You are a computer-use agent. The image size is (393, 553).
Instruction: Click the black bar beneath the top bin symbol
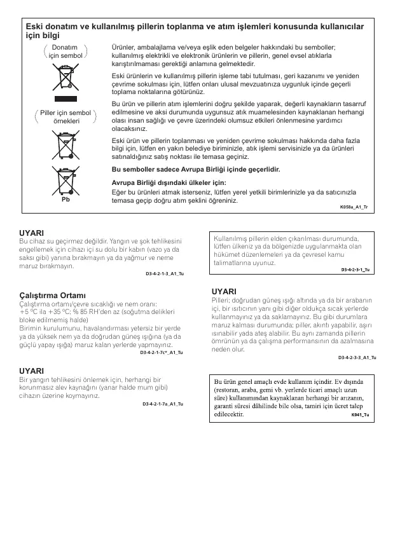tap(64, 99)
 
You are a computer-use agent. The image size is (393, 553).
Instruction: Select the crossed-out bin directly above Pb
tap(64, 180)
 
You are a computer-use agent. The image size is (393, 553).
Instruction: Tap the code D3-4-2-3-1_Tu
tap(355, 270)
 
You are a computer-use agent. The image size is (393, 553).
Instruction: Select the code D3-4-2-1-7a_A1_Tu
tap(163, 404)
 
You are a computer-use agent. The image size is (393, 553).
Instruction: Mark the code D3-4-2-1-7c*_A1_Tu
tap(162, 352)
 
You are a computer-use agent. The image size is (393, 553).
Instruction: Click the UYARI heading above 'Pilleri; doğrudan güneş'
tap(224, 292)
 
